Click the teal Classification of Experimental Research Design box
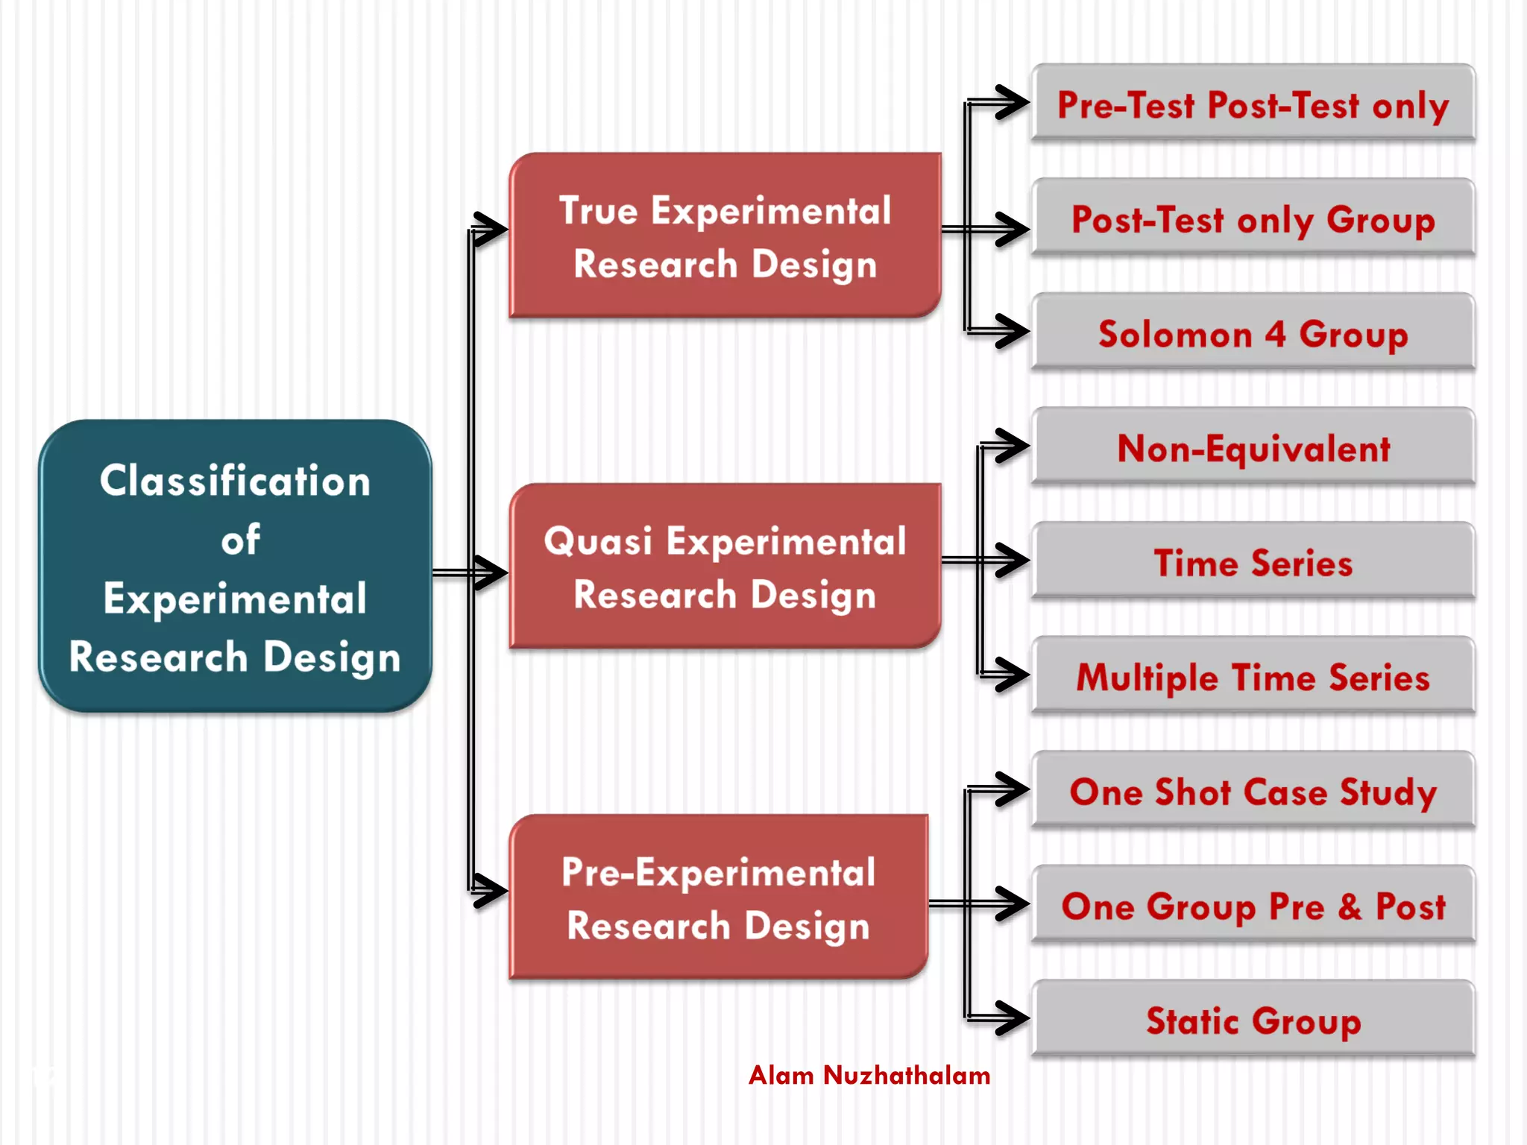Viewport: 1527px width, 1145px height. tap(235, 567)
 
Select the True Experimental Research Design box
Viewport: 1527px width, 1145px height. tap(725, 236)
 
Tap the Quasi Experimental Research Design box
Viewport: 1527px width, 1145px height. tap(725, 567)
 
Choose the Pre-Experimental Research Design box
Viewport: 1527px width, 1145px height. tap(718, 898)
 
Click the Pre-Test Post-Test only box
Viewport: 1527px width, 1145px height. tap(1253, 104)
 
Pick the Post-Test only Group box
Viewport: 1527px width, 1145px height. tap(1253, 219)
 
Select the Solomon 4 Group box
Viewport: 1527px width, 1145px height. tap(1253, 333)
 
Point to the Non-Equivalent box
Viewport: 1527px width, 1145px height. tap(1253, 448)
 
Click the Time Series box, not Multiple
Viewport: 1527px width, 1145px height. tap(1253, 562)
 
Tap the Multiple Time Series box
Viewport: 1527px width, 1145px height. tap(1253, 677)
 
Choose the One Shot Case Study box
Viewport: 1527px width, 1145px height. tap(1253, 791)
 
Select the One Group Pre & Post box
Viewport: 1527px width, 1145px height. tap(1253, 906)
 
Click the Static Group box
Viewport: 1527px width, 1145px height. tap(1253, 1020)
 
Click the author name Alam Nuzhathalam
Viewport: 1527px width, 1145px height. tap(869, 1075)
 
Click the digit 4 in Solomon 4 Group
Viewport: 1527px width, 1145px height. tap(1275, 334)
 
